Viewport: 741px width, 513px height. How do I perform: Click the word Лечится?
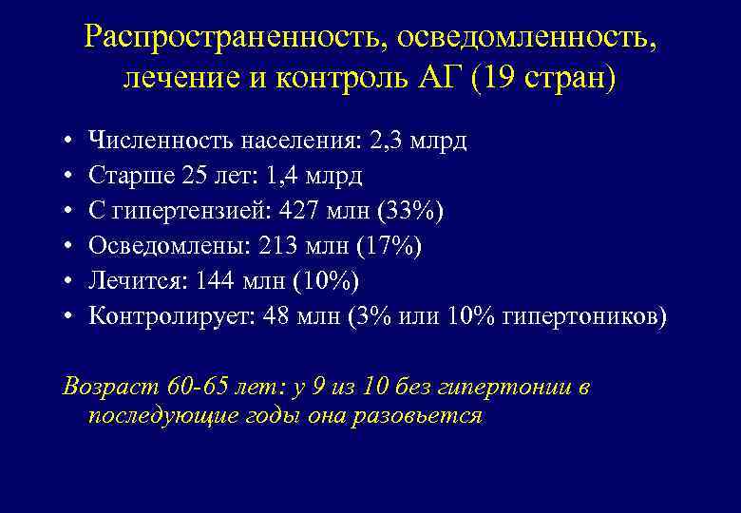[127, 280]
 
